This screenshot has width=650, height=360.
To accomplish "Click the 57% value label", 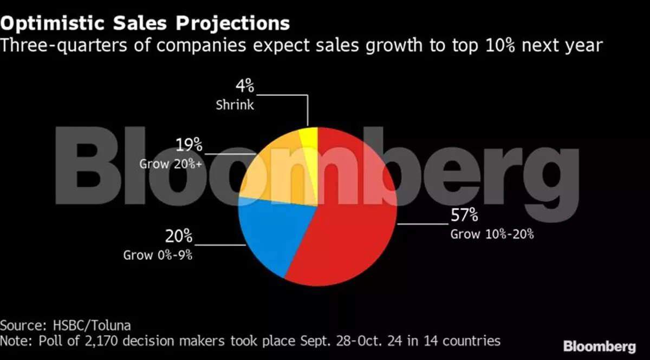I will pos(464,216).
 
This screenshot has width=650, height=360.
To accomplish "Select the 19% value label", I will pos(189,145).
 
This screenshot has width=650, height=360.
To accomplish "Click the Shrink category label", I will pos(235,104).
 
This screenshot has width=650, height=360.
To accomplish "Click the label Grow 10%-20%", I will pos(492,234).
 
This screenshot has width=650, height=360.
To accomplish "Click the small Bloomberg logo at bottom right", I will pos(599,347).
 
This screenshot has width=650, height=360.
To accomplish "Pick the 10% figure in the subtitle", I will pos(492,45).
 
